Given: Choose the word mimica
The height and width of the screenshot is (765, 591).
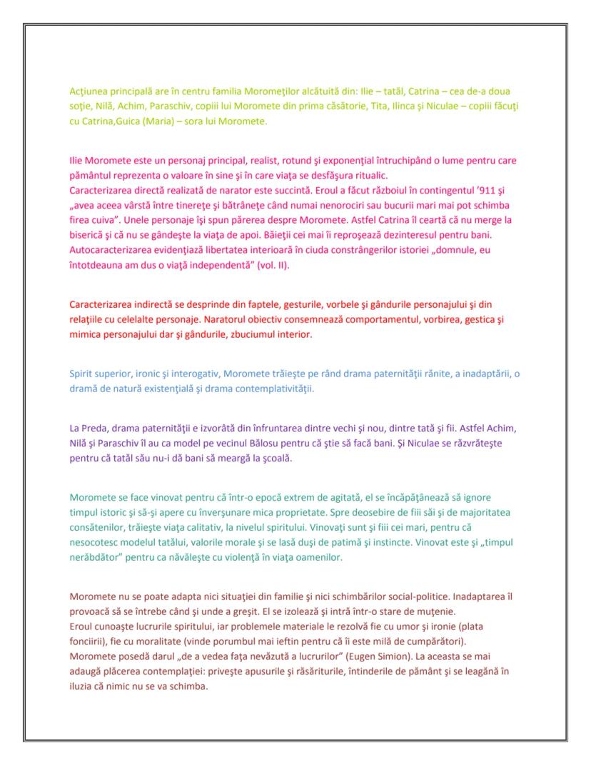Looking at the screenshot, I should [87, 334].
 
